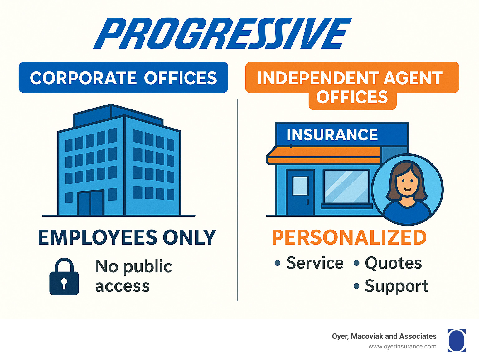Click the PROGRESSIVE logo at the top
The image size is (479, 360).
point(222,34)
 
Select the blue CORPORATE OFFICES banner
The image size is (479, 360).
point(123,78)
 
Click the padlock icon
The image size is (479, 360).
point(64,277)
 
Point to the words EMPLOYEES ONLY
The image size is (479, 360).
point(127,238)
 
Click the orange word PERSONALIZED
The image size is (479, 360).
point(349,238)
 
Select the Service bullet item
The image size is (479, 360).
point(314,263)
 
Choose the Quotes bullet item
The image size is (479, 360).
point(393,263)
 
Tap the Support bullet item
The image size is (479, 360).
point(396,286)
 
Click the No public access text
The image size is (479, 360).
point(133,276)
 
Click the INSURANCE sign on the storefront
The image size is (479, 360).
point(332,135)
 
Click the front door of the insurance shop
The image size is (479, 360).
point(300,192)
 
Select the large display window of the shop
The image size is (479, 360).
point(346,187)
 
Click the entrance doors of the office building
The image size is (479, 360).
point(90,203)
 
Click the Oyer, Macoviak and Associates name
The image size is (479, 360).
point(384,336)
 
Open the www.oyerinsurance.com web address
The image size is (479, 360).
point(402,347)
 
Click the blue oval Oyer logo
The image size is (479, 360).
point(456,340)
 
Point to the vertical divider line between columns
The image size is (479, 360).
point(237,200)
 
